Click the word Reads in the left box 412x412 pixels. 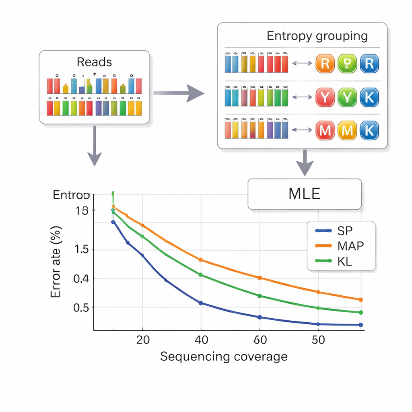pos(94,62)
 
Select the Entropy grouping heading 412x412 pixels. pos(317,36)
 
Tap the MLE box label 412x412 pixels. pos(305,194)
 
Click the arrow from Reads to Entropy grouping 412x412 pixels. pos(179,93)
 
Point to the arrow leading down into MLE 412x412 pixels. pos(305,163)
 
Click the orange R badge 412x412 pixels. pos(325,64)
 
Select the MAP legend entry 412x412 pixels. pos(339,246)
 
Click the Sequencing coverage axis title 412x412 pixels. pos(224,356)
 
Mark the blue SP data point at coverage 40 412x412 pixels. pos(201,303)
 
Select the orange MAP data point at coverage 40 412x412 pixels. pos(201,260)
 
